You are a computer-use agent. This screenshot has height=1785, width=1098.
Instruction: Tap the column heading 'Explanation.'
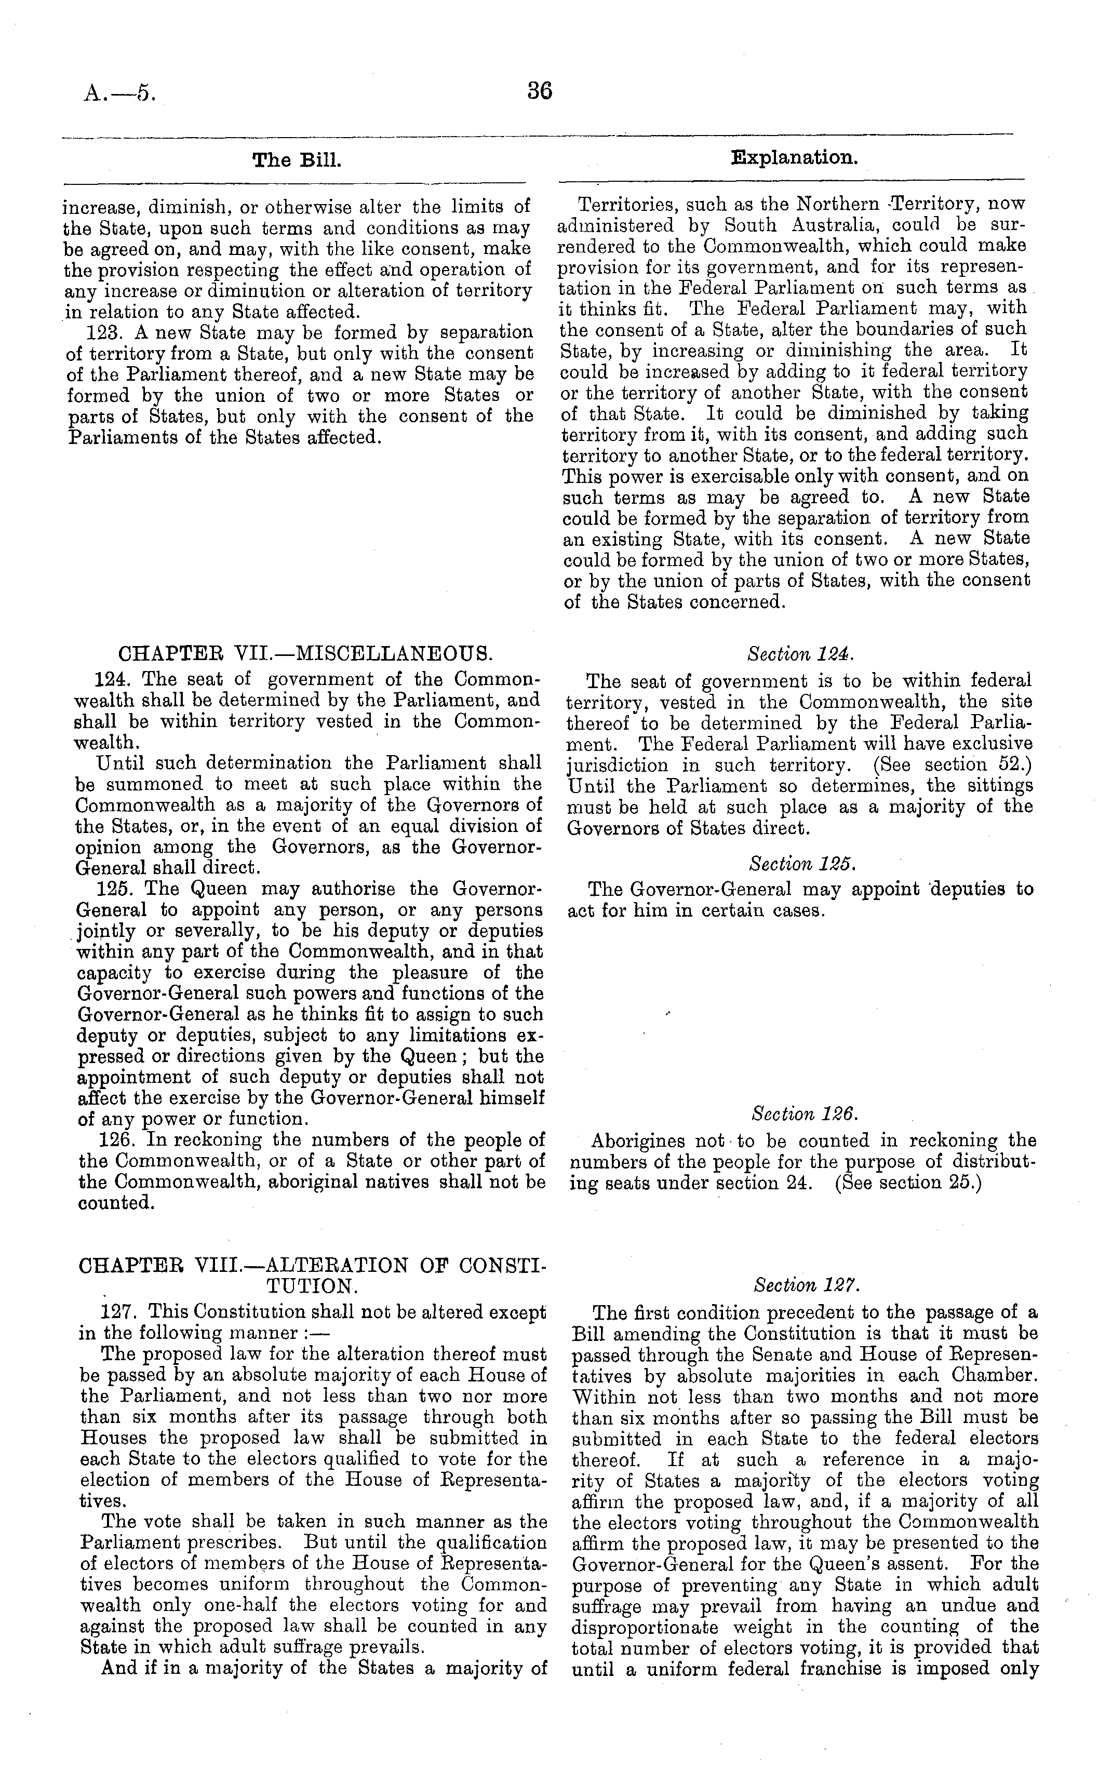point(794,157)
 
